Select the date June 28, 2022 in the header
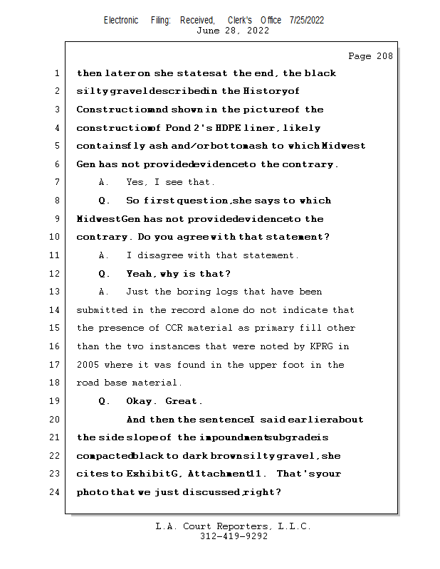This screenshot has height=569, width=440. (x=233, y=31)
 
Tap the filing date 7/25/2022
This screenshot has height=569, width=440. (x=307, y=20)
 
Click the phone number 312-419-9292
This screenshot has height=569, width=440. (x=234, y=536)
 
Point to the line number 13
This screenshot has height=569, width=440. (x=56, y=292)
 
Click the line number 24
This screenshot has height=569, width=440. (x=56, y=492)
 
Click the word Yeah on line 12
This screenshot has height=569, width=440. (x=138, y=274)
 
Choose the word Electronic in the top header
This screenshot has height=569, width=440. (x=121, y=20)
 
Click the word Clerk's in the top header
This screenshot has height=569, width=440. (x=241, y=20)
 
